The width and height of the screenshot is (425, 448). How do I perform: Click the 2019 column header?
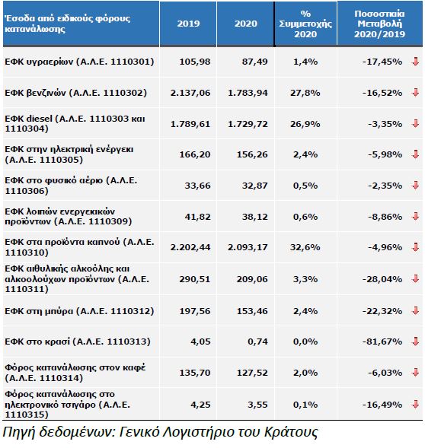point(188,24)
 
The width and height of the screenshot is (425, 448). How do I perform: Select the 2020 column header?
point(246,24)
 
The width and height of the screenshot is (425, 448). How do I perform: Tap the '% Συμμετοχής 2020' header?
point(305,24)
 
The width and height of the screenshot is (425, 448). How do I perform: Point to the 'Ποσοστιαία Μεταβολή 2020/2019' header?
point(379,24)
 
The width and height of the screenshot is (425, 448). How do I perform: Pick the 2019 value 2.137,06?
point(190,93)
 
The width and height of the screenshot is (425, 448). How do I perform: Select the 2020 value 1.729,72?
point(248,124)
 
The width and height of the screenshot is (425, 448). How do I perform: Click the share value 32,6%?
point(305,247)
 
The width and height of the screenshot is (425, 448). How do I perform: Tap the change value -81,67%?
point(382,342)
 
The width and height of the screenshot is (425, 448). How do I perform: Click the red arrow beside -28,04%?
point(416,278)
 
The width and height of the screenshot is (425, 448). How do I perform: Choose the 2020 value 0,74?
point(258,342)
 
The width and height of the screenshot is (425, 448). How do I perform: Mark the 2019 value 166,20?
point(195,154)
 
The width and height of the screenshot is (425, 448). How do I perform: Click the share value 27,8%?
point(305,93)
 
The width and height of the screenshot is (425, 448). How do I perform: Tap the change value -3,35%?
point(385,124)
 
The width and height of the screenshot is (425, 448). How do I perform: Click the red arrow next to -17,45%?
point(416,62)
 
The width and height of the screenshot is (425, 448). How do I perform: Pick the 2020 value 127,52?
point(252,373)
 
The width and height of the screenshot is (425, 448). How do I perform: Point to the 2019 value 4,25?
point(200,405)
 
